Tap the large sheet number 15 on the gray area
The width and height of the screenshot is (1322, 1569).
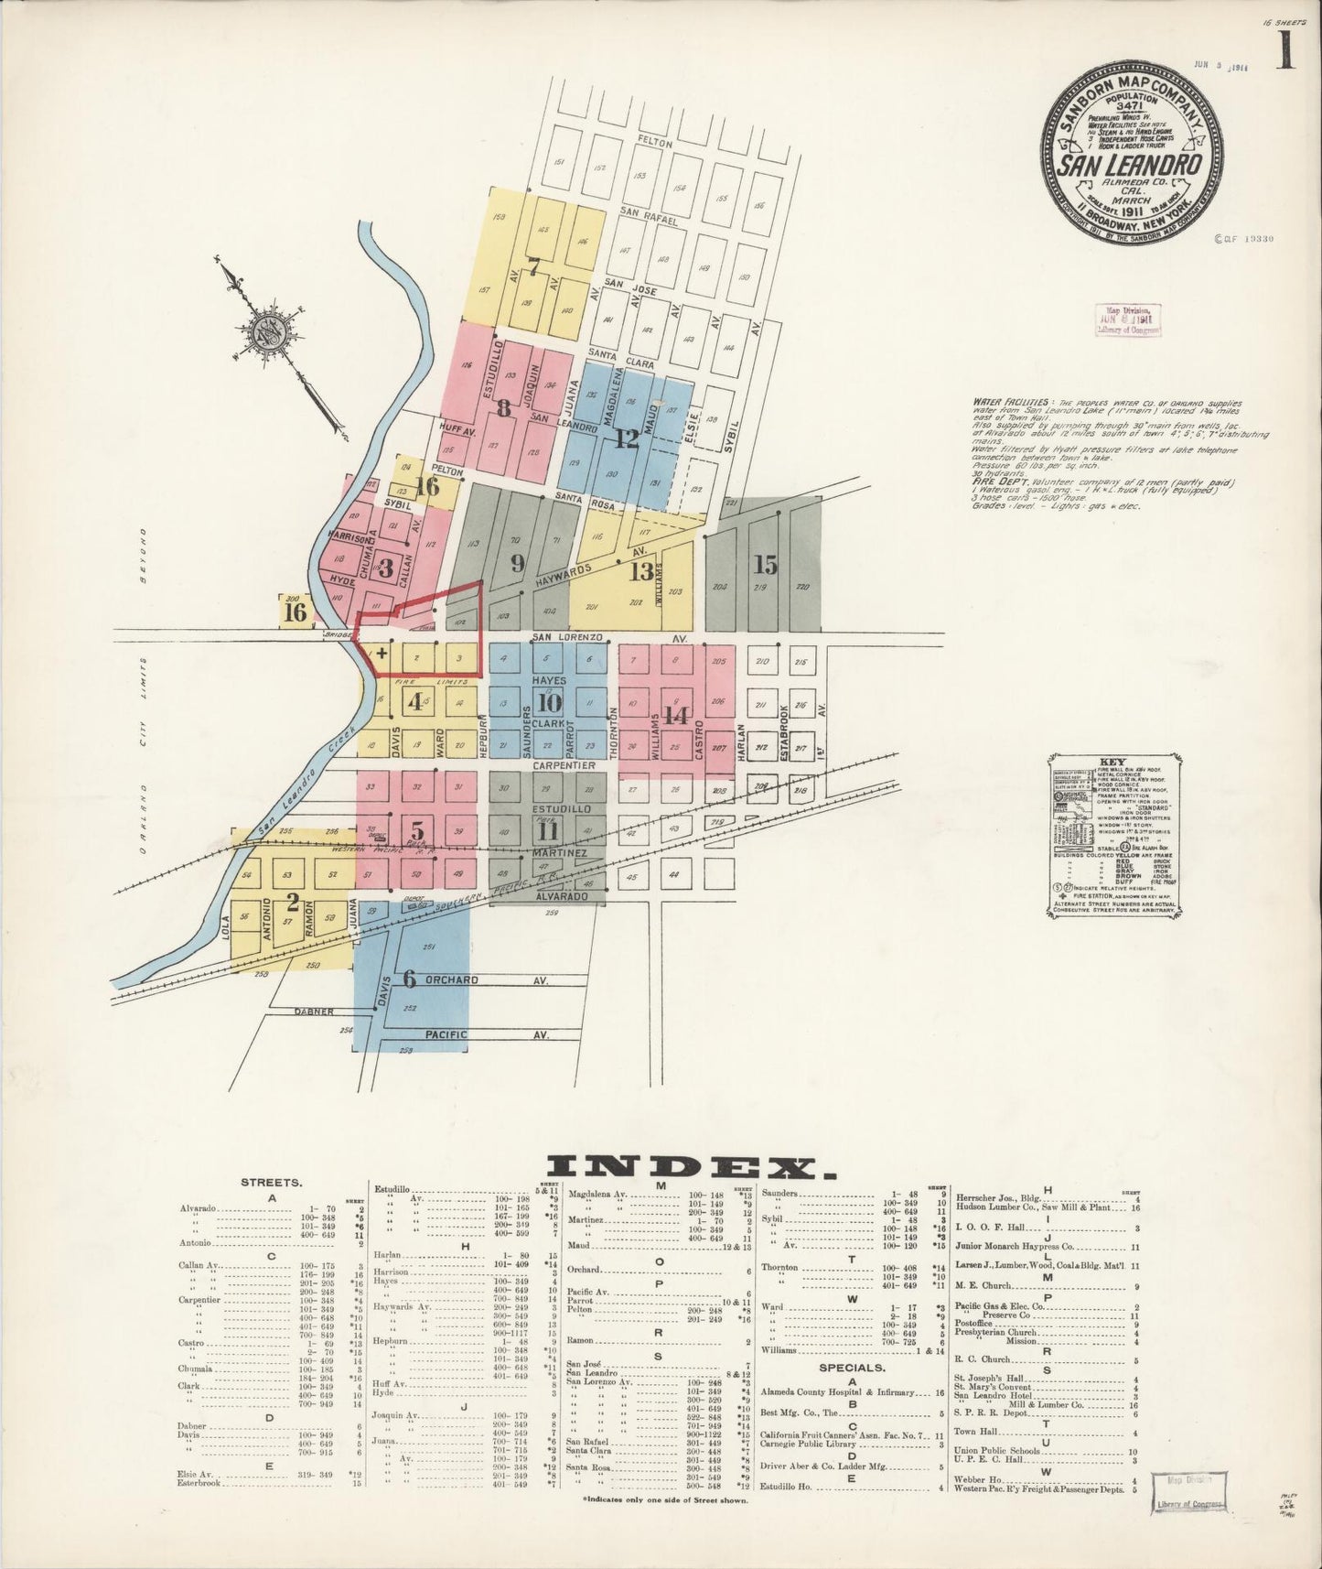point(765,565)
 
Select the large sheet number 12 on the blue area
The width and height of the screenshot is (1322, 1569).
point(626,438)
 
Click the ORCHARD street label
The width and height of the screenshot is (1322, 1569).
point(451,979)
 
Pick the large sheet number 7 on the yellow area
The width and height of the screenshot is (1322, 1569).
point(533,267)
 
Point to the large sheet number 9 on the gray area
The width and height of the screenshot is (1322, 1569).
point(517,563)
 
